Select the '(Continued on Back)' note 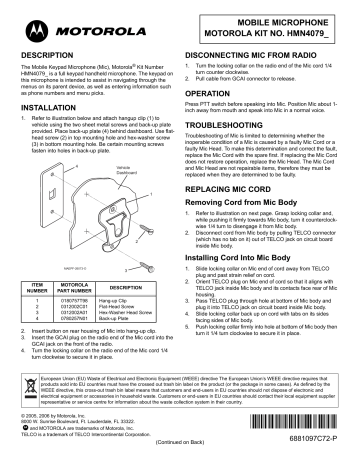tap(212, 456)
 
